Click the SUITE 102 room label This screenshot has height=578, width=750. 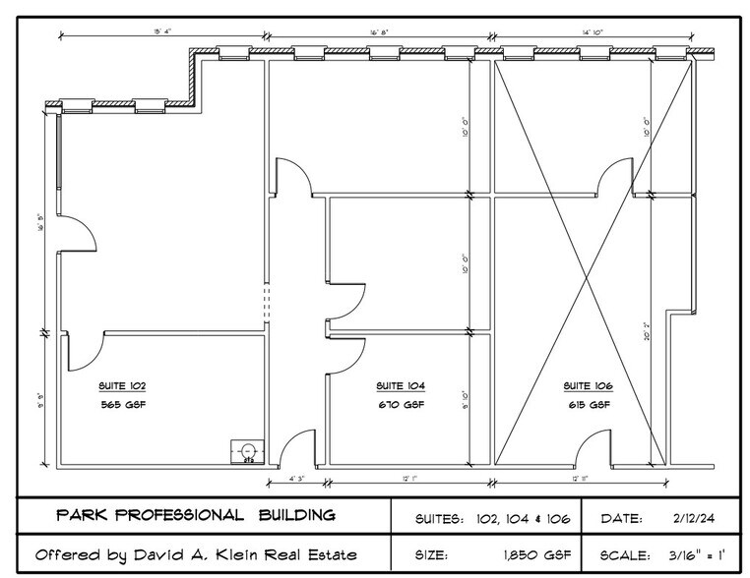coord(122,385)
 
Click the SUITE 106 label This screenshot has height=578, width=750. coord(588,385)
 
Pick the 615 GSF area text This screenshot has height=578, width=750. coord(588,404)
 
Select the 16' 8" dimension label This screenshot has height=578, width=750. coord(380,32)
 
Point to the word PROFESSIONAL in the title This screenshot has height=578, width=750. coord(180,515)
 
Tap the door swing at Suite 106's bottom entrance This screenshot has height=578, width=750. coord(586,448)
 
